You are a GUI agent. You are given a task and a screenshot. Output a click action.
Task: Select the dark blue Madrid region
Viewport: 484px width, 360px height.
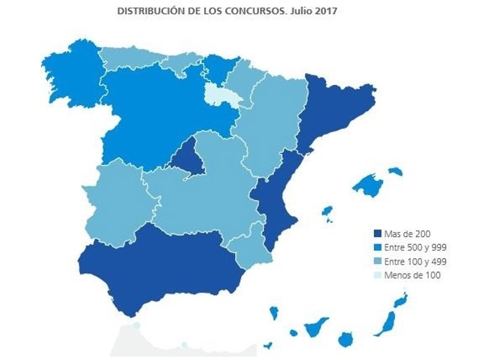pos(186,156)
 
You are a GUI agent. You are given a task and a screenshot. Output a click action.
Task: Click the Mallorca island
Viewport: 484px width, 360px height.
pos(368,185)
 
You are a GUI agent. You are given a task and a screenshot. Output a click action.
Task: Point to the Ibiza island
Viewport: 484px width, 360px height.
pos(326,211)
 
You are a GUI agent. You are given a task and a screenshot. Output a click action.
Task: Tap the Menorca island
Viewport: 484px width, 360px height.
pos(396,171)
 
